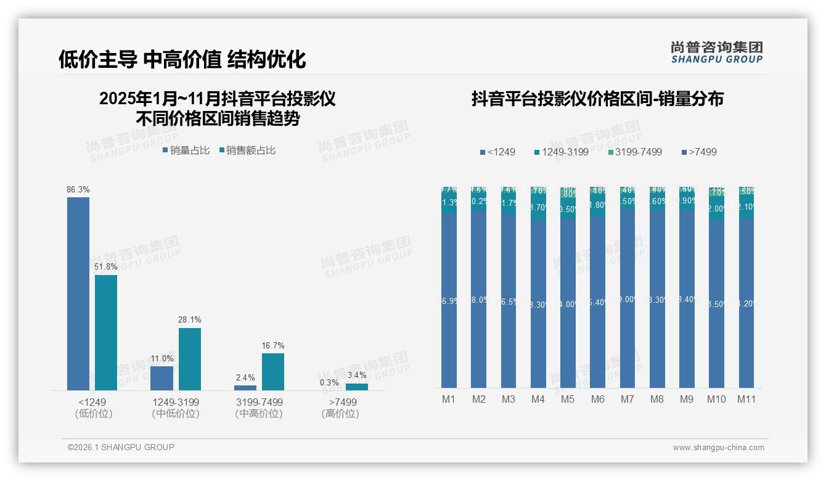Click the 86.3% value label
tap(78, 190)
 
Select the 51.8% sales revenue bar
tap(106, 332)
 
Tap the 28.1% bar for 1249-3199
tap(190, 359)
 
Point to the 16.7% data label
tap(273, 346)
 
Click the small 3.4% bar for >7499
tap(356, 387)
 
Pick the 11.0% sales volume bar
tap(162, 378)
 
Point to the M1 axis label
tap(449, 400)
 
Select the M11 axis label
tap(746, 400)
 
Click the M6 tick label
tap(598, 400)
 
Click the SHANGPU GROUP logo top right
tap(716, 52)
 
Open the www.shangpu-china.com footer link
tap(718, 448)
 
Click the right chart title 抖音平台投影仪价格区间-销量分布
tap(597, 99)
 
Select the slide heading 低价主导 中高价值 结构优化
tap(182, 59)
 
